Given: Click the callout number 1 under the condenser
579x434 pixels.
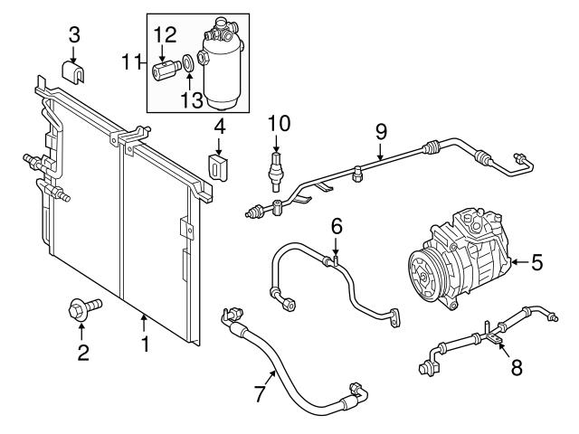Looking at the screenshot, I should click(145, 344).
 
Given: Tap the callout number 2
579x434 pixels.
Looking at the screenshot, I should click(82, 353).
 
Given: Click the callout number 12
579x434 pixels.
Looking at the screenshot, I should click(164, 35).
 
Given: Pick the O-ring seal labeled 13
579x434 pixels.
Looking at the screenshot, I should click(186, 63).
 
